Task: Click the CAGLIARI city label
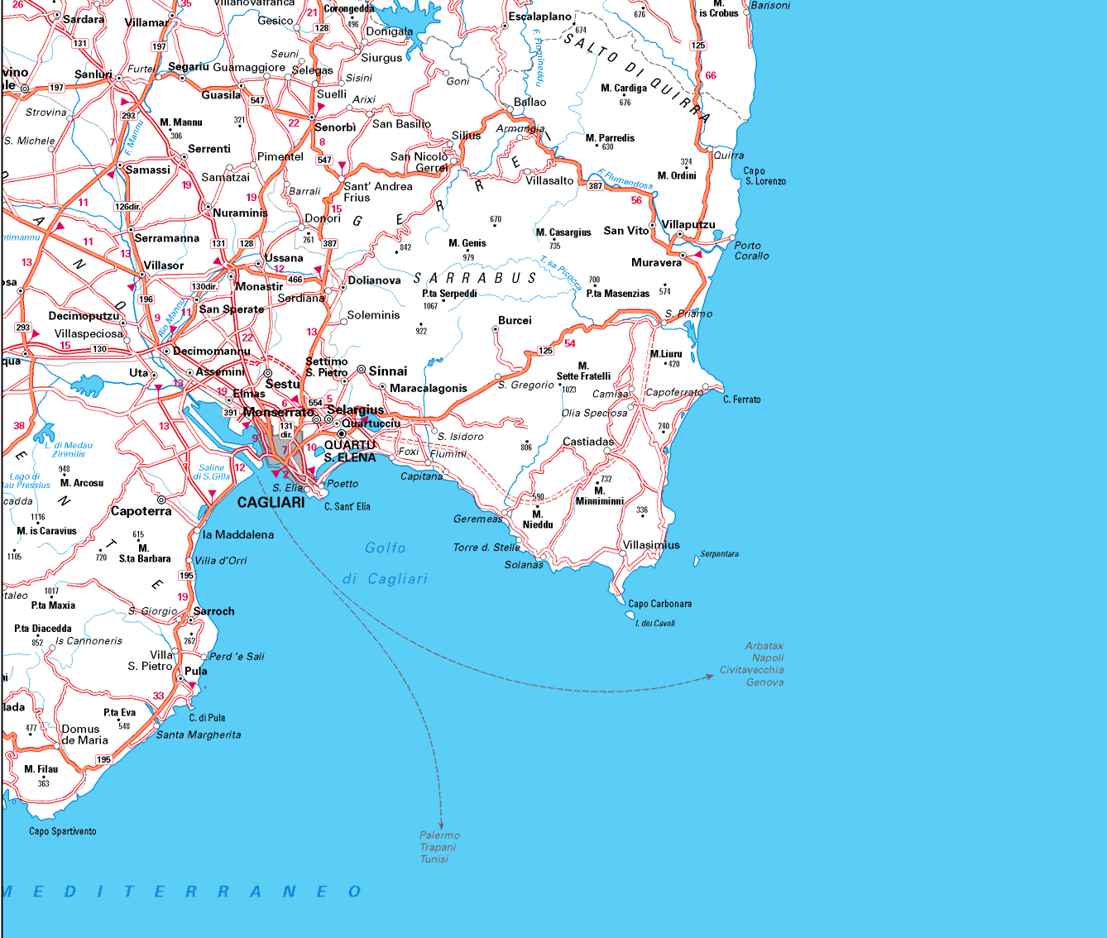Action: point(271,502)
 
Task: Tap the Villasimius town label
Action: point(651,545)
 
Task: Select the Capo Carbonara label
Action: point(659,604)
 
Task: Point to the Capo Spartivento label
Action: point(63,831)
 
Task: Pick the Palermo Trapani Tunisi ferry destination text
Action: point(438,847)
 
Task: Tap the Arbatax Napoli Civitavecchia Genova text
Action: point(753,664)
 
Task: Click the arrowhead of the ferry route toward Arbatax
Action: point(709,677)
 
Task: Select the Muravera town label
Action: point(656,262)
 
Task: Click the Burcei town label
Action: point(515,320)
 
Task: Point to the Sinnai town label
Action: point(387,371)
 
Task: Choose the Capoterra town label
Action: point(141,511)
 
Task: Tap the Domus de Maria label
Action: point(84,735)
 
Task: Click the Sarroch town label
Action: point(213,611)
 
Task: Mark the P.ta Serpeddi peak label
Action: point(449,294)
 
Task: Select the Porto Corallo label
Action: point(751,251)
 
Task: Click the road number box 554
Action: point(315,403)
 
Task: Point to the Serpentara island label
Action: point(719,554)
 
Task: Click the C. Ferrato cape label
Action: point(741,400)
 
